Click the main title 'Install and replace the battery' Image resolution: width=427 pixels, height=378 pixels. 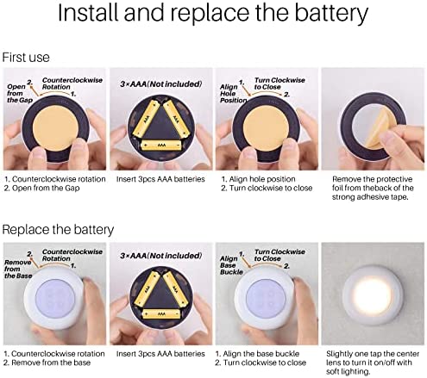[213, 13]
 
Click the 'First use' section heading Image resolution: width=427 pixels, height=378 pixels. [26, 57]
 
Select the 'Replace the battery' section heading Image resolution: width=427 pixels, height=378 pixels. [58, 230]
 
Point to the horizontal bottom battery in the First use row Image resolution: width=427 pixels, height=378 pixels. [161, 146]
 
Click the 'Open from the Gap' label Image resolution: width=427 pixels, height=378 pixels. [20, 93]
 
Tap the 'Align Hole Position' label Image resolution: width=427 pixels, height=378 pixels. [233, 93]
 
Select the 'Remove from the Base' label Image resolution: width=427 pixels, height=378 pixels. [18, 269]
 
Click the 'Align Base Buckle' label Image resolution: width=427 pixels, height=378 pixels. [231, 265]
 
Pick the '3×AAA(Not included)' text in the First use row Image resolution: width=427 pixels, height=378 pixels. [161, 84]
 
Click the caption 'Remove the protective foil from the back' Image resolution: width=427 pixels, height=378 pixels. [373, 188]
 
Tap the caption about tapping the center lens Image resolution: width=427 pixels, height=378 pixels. [373, 363]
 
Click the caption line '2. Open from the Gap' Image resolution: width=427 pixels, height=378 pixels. [42, 188]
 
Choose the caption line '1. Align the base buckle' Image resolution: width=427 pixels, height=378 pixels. [257, 354]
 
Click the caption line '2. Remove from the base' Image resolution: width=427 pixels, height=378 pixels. [47, 363]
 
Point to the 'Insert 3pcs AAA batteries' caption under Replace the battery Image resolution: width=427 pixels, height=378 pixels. [160, 354]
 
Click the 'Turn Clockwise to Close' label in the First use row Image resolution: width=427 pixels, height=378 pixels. [279, 84]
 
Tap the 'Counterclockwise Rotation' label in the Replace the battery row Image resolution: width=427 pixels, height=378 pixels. [72, 255]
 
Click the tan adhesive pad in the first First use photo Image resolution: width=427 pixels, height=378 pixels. [55, 128]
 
